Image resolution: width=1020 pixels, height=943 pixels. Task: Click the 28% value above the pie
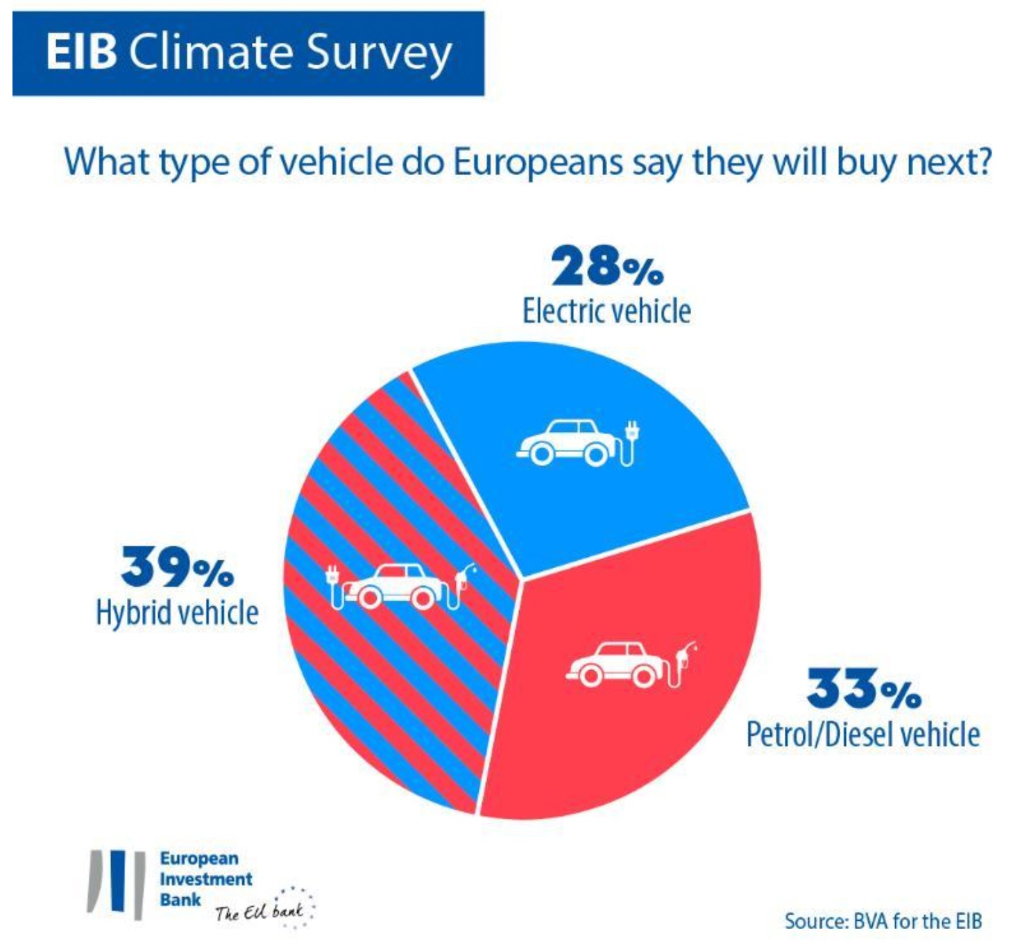tap(607, 267)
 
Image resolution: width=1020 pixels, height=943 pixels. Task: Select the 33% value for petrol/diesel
tap(863, 689)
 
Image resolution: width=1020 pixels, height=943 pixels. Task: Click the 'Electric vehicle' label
tap(606, 311)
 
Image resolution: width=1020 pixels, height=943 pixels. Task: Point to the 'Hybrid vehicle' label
tap(177, 612)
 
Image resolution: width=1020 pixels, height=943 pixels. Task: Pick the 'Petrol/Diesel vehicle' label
tap(862, 735)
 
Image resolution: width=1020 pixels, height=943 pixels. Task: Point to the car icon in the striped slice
tap(393, 585)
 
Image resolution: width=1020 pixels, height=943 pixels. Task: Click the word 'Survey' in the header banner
tap(379, 53)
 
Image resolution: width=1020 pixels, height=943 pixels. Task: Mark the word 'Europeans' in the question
tap(538, 162)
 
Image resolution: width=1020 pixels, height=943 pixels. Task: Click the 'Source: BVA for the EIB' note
tap(883, 921)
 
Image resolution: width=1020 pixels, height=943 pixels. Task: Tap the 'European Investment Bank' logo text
tap(205, 879)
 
